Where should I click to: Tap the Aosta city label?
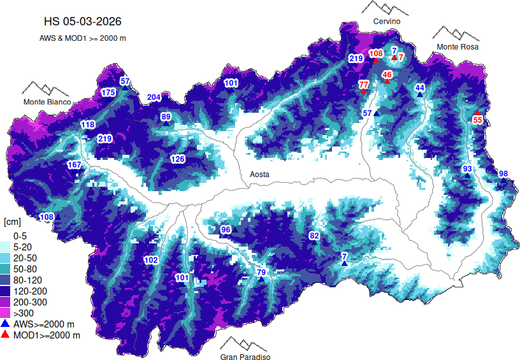click(259, 174)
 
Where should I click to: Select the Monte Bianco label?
click(47, 102)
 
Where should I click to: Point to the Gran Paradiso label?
click(245, 357)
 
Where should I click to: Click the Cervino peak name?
click(387, 22)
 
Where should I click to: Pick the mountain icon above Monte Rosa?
click(456, 33)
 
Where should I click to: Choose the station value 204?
click(154, 97)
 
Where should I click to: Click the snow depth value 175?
click(108, 93)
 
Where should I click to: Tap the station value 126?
click(177, 159)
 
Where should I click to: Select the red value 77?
click(364, 84)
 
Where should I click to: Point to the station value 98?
click(503, 174)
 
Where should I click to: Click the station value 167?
click(74, 165)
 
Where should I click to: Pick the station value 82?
click(314, 236)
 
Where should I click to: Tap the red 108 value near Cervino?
click(376, 54)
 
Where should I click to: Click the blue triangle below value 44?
click(420, 94)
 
